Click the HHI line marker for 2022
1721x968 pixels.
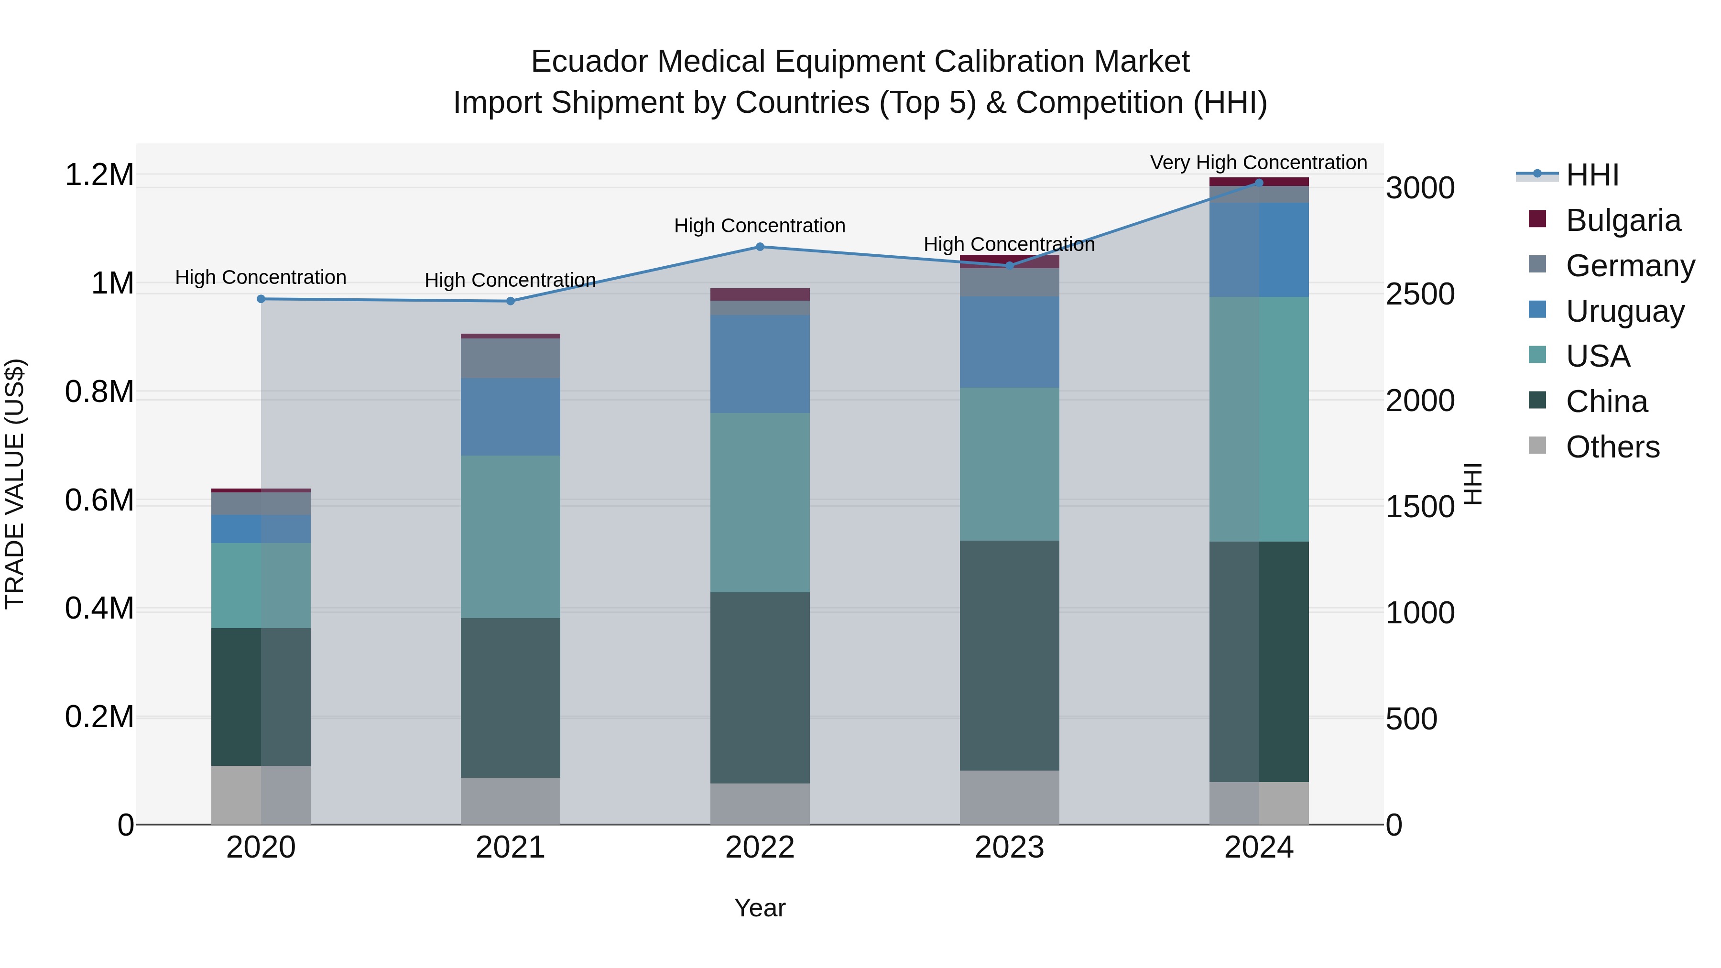(x=760, y=247)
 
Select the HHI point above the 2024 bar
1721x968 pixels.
(x=1259, y=183)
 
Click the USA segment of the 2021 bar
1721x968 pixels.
(x=511, y=536)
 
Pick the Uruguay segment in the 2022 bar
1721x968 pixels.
(x=760, y=364)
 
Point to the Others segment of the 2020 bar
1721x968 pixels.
(x=261, y=794)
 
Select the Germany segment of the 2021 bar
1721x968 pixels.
(x=511, y=358)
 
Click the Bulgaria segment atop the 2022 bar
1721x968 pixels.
(x=760, y=294)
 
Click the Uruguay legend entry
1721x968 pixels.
(x=1625, y=311)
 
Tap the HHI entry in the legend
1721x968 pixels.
(x=1592, y=175)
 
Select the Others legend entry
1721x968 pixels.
(x=1612, y=447)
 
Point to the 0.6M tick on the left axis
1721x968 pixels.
(x=99, y=500)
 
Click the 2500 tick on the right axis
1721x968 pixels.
(x=1420, y=294)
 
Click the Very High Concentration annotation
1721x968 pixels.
(x=1258, y=163)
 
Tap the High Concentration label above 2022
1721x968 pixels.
(x=760, y=226)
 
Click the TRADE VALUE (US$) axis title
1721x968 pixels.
(x=15, y=484)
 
